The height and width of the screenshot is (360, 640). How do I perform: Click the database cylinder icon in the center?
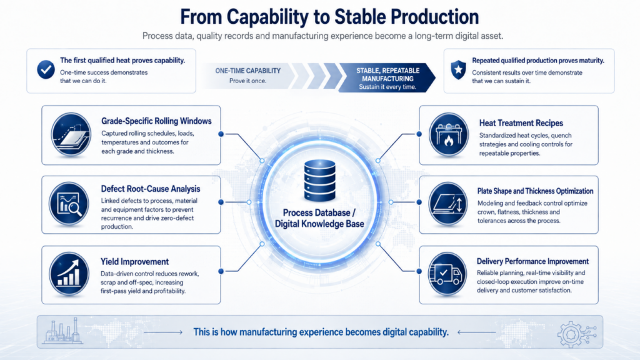pos(319,181)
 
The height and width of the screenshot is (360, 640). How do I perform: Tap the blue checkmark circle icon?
pos(46,69)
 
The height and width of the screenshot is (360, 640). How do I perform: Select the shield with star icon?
pos(458,70)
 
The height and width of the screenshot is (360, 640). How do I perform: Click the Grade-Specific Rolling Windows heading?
pos(156,121)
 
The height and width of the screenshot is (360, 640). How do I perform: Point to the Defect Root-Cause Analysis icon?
pos(69,204)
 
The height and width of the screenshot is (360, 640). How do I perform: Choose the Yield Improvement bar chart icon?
pos(69,274)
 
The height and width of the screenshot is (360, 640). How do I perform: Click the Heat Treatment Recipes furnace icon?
pos(449,135)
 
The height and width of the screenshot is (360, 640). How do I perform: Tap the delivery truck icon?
pos(447,274)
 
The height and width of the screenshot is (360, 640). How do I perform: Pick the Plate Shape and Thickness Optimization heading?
pos(535,191)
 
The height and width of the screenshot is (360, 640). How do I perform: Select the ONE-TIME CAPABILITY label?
pos(247,71)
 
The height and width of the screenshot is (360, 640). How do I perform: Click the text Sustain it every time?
pos(387,87)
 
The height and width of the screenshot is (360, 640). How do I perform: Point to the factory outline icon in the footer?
pos(62,331)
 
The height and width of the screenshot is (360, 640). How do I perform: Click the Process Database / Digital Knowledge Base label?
pos(319,218)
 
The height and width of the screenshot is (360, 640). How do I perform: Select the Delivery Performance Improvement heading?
pos(532,261)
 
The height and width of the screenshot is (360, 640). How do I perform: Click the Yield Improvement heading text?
pos(135,262)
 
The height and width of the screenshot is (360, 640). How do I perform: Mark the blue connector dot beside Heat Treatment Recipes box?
pos(419,134)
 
